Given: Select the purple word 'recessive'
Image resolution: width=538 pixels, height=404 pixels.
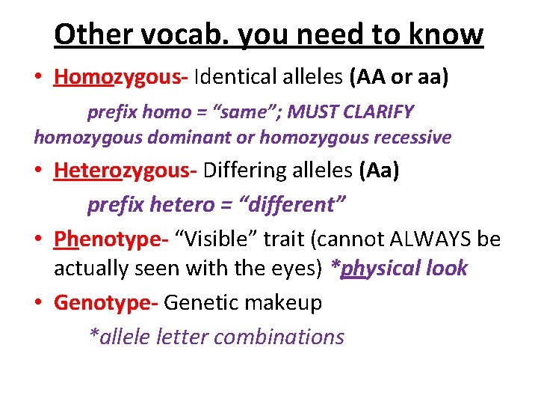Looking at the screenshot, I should point(409,138).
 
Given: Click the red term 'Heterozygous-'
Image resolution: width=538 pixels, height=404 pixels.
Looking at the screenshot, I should point(125,171).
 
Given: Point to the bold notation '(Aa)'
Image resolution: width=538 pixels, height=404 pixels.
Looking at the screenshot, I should point(379,171).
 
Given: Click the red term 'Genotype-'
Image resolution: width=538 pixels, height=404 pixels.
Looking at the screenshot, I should point(105,303).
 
